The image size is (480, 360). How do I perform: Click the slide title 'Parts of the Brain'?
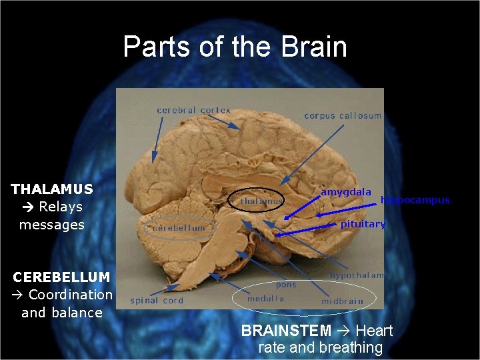click(235, 47)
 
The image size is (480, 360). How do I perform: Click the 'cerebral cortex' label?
click(193, 110)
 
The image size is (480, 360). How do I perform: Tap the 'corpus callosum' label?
click(343, 115)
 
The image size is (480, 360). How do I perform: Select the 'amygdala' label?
click(346, 192)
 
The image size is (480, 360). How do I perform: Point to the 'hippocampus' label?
click(415, 200)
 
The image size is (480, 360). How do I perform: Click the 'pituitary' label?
click(363, 224)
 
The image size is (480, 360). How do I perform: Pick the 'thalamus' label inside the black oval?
click(261, 201)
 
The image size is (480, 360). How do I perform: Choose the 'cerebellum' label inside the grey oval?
click(179, 228)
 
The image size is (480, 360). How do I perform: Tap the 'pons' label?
click(286, 284)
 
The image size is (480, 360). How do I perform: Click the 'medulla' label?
click(265, 299)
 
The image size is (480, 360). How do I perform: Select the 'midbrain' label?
click(342, 301)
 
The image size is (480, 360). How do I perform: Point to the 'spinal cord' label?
click(156, 301)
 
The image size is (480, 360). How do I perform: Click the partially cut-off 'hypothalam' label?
click(357, 275)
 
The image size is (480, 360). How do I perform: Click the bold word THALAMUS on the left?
click(52, 189)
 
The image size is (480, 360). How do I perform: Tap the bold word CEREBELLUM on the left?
click(61, 277)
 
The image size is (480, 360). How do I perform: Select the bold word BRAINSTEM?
click(286, 331)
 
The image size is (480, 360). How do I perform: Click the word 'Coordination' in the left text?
click(71, 295)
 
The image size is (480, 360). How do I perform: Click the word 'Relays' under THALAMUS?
click(61, 207)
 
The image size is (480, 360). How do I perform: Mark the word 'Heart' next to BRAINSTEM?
click(374, 331)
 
